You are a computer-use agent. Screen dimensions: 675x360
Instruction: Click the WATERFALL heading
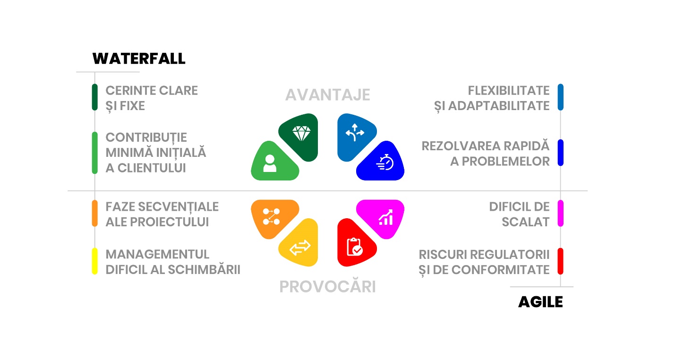click(x=139, y=59)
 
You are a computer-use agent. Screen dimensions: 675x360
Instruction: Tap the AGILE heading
click(x=540, y=302)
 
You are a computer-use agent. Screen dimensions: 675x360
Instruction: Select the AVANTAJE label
click(x=327, y=95)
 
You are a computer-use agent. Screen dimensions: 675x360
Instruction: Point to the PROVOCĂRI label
click(x=327, y=286)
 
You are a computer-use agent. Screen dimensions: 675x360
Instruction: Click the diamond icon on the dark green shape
click(x=301, y=134)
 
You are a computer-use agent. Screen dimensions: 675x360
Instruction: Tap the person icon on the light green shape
click(x=270, y=163)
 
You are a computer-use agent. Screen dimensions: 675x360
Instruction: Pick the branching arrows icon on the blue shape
click(x=355, y=132)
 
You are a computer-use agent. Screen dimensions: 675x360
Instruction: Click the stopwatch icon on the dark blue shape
click(x=385, y=162)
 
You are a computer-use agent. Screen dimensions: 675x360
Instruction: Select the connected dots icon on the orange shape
click(x=271, y=216)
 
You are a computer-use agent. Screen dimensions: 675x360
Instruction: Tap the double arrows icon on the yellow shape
click(x=300, y=248)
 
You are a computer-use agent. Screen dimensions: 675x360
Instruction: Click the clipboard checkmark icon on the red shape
click(x=355, y=247)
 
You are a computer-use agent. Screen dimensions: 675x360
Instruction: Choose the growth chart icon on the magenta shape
click(x=386, y=217)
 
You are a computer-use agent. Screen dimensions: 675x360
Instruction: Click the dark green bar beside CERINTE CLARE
click(x=94, y=97)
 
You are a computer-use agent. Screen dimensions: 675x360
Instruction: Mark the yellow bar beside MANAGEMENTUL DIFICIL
click(x=94, y=261)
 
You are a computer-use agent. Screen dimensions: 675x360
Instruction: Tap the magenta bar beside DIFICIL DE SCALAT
click(x=561, y=213)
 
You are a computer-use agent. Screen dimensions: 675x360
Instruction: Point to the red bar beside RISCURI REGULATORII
click(x=561, y=261)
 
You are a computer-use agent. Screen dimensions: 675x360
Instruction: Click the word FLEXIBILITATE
click(x=509, y=90)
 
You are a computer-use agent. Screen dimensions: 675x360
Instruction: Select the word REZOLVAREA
click(x=461, y=146)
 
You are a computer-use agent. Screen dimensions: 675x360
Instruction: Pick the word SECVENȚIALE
click(x=179, y=207)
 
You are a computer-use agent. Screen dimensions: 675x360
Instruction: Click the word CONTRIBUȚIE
click(x=146, y=138)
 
